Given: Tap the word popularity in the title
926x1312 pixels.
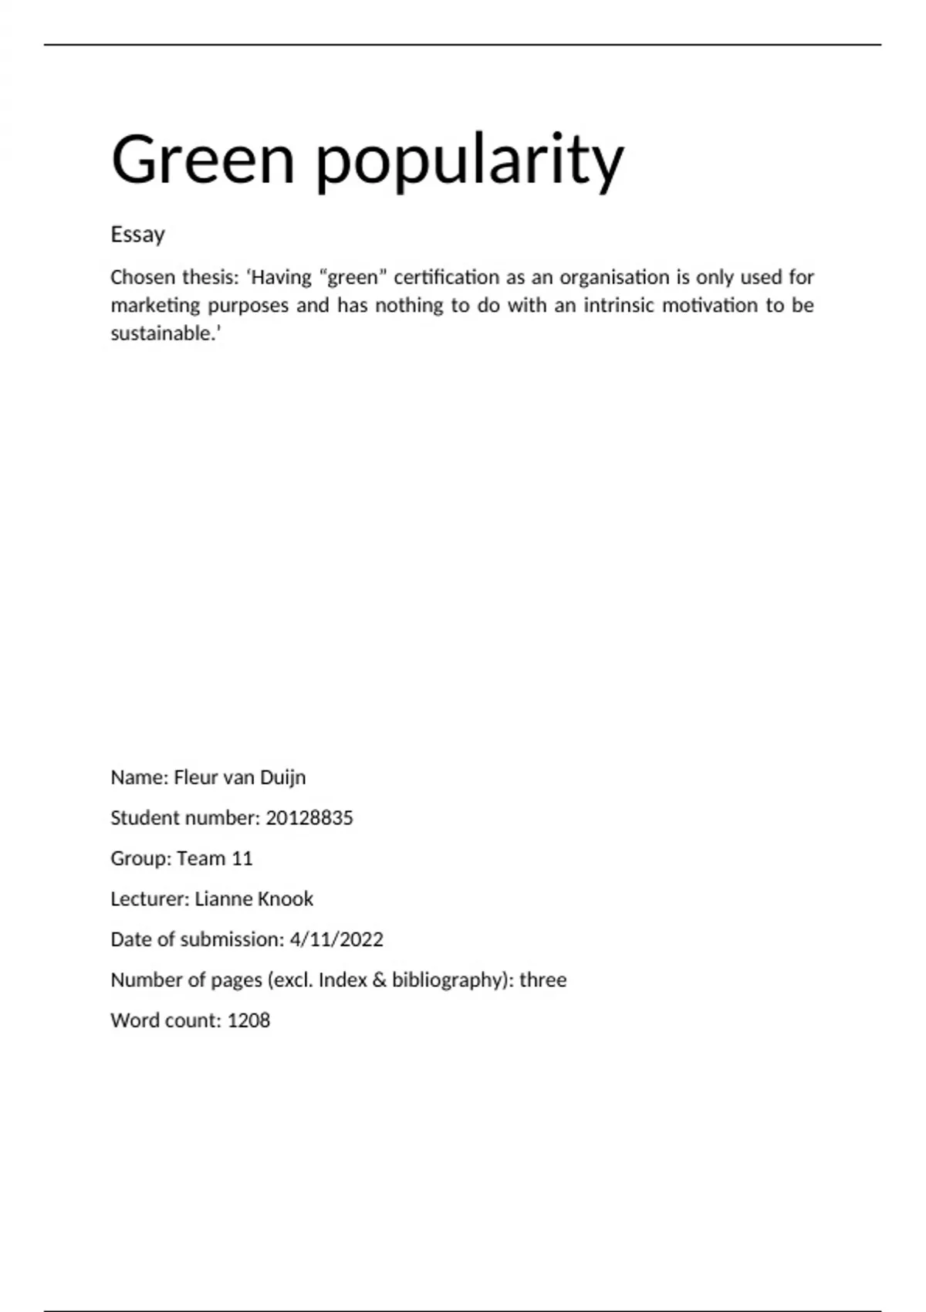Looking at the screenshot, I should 469,162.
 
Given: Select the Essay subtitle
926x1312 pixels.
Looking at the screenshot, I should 137,235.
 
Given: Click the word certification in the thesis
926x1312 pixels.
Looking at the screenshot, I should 446,277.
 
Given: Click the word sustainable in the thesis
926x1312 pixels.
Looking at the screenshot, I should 161,333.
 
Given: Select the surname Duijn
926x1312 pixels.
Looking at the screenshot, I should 282,777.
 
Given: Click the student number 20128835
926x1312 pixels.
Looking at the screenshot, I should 309,818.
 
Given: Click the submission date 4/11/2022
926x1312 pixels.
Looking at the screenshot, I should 336,939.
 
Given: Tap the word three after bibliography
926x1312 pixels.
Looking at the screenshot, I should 542,980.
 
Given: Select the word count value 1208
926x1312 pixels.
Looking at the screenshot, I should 248,1020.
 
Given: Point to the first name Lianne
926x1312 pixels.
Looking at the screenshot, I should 222,899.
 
